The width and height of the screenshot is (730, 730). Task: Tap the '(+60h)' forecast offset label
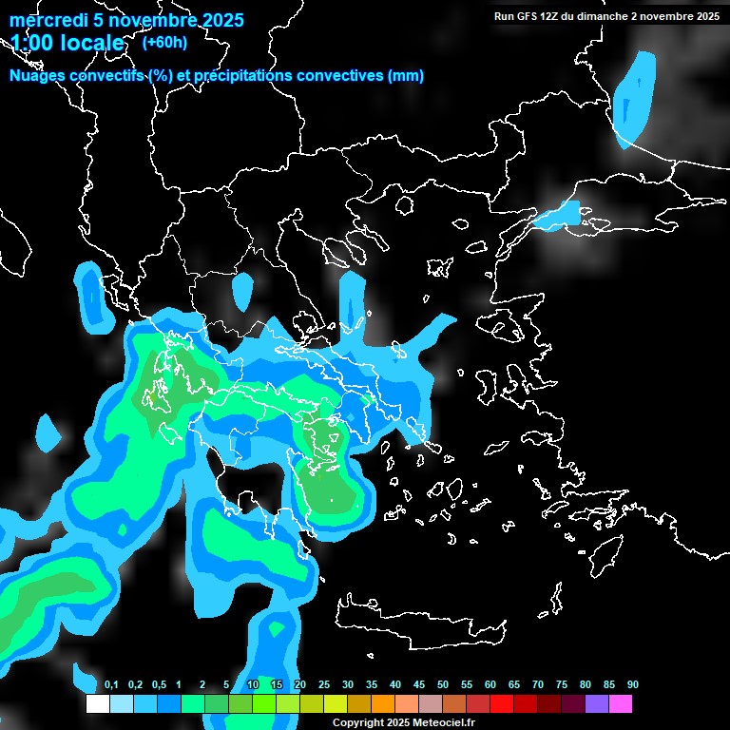point(164,42)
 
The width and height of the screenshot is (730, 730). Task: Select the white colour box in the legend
point(97,704)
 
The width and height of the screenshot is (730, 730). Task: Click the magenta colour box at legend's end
point(621,704)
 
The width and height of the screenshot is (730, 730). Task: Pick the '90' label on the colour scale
point(632,684)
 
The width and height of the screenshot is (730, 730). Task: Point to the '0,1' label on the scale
point(111,684)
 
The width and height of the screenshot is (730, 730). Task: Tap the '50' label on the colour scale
point(443,684)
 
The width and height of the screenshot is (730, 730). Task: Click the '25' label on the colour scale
point(324,684)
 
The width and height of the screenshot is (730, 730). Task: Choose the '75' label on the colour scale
point(561,684)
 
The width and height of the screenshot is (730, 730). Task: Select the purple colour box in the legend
point(597,704)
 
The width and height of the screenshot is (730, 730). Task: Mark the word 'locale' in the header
point(91,44)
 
